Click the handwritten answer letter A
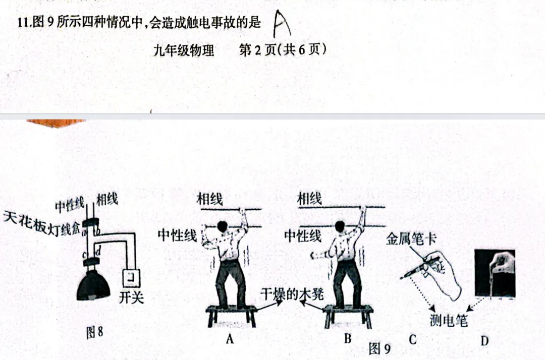point(281,24)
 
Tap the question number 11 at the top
point(22,23)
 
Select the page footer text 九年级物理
point(184,50)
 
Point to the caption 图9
point(379,348)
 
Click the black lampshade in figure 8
point(93,286)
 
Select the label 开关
point(131,297)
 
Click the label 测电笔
point(449,320)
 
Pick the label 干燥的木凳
point(294,293)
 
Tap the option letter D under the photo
point(484,341)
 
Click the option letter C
point(412,339)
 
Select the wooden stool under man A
point(232,313)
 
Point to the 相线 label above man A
point(210,198)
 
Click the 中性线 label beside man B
point(303,235)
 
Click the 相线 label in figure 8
point(107,199)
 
